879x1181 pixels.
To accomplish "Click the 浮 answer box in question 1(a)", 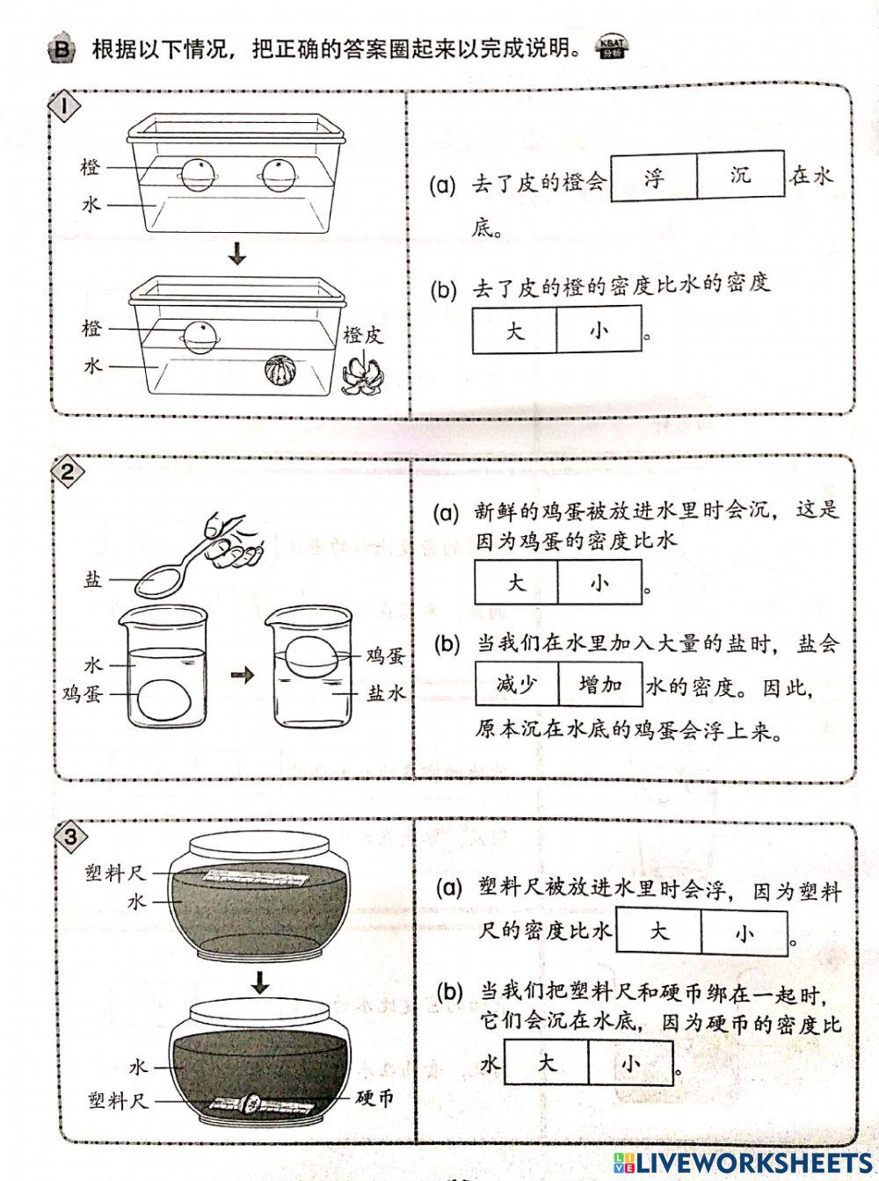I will pos(653,176).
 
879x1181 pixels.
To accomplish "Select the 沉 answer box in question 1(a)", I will pos(740,175).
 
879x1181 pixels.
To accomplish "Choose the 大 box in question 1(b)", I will pos(515,331).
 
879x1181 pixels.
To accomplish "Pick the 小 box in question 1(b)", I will pos(599,331).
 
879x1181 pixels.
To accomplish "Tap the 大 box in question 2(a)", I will pos(517,583).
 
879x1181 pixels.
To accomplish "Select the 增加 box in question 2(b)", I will pos(600,684).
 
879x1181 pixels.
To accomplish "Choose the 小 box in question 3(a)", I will pos(744,931).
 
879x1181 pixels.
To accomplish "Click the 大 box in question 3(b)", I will pos(547,1062).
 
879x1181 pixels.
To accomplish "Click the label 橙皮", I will pos(363,335).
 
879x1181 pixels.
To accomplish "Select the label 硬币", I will pos(374,1098).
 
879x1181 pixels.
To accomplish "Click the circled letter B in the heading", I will pos(61,49).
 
